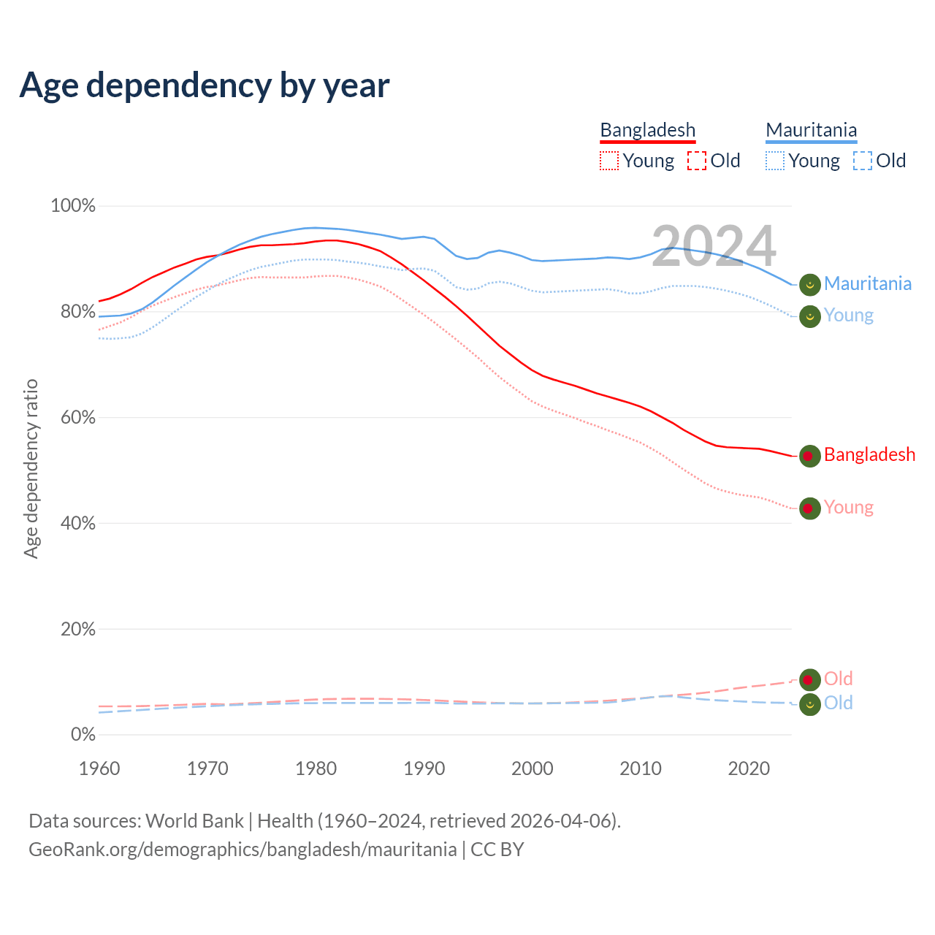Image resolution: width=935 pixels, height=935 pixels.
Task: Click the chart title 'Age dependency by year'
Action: (x=205, y=85)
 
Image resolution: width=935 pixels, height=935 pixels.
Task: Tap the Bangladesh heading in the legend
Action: (x=647, y=130)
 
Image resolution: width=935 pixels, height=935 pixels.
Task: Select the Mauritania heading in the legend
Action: (x=811, y=130)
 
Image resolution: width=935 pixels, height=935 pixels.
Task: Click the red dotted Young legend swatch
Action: (x=609, y=161)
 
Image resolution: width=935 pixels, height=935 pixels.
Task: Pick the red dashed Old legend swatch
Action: (x=697, y=161)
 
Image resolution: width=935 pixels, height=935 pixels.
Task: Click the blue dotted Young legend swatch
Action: (x=775, y=161)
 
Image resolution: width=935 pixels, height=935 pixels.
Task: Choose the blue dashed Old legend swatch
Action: (x=863, y=161)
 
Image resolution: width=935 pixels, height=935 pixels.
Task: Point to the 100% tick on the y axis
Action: (x=73, y=206)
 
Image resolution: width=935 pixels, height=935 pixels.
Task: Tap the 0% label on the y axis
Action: (x=83, y=735)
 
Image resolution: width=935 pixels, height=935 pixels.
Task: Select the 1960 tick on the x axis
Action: (x=99, y=768)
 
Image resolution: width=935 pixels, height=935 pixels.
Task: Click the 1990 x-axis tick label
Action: (x=424, y=768)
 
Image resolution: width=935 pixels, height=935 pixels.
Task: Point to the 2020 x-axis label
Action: (x=749, y=768)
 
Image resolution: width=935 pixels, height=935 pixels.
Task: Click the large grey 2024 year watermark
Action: (x=714, y=246)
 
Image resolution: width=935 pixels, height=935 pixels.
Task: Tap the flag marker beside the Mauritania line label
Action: (x=809, y=285)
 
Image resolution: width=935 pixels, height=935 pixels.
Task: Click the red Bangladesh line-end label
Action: (x=869, y=455)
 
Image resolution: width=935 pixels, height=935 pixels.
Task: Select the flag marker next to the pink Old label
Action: (x=809, y=680)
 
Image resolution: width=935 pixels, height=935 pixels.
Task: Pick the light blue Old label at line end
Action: (x=839, y=703)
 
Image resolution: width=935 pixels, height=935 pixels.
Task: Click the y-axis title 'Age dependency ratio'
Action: (x=31, y=468)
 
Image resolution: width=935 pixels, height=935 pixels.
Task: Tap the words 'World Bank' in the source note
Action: (x=194, y=821)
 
